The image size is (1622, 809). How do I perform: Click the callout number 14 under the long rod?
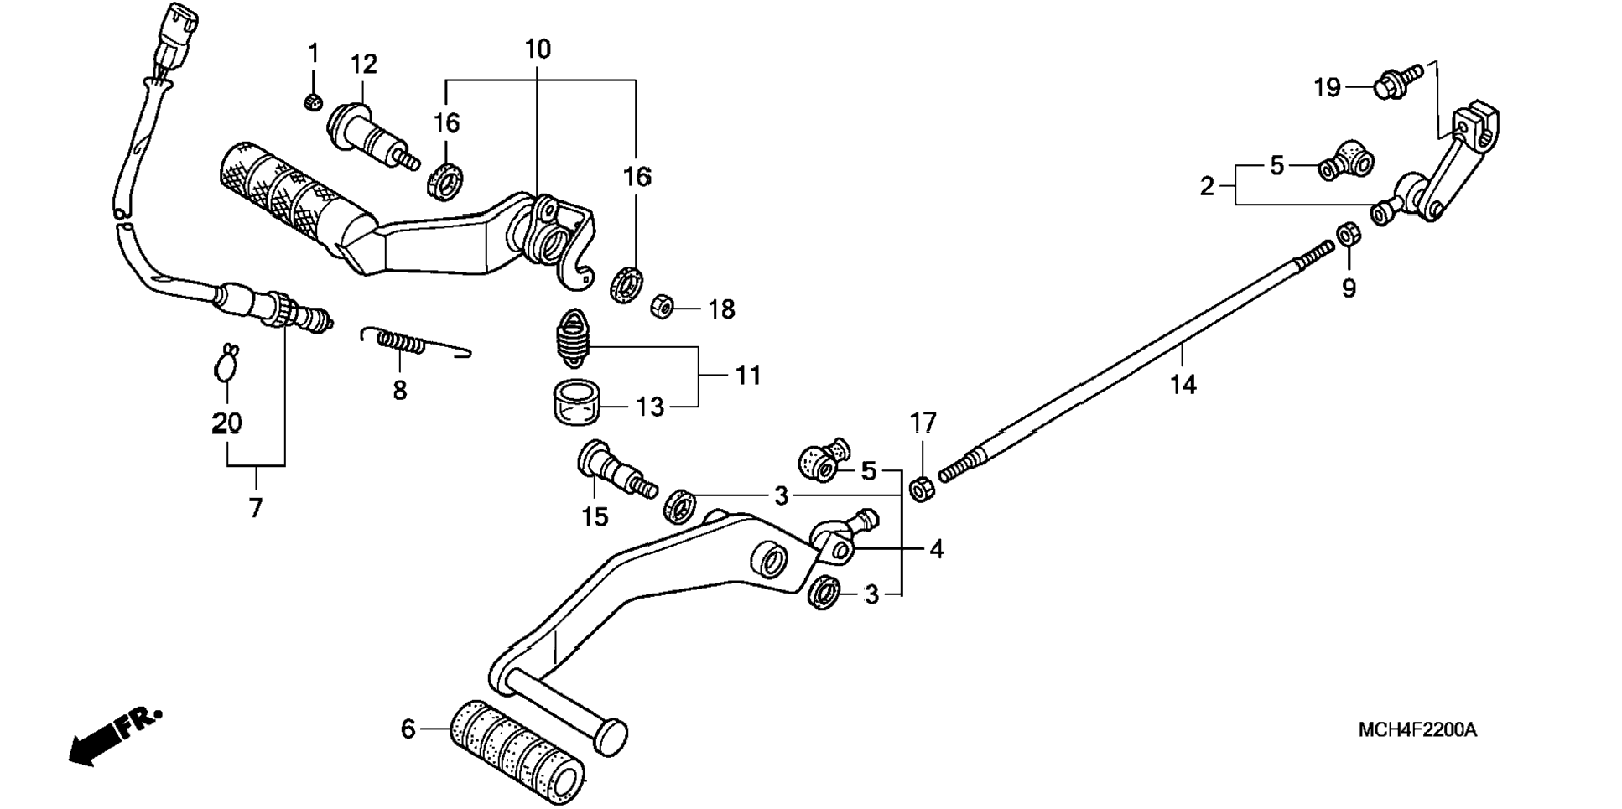(x=1183, y=385)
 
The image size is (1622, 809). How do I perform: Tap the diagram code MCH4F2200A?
(x=1417, y=729)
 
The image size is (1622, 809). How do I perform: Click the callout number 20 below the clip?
(x=226, y=423)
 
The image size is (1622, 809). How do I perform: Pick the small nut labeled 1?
(x=312, y=102)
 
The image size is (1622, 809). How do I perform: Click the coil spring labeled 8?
(x=415, y=341)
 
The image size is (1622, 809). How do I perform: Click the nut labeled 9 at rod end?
(x=1348, y=234)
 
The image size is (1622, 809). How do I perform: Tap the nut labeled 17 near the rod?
(x=922, y=488)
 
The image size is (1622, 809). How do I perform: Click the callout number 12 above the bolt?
(x=363, y=65)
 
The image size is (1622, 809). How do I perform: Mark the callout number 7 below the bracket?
(x=256, y=507)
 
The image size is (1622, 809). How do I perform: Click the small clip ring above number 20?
(x=226, y=363)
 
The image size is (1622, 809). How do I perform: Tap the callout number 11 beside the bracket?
(x=748, y=376)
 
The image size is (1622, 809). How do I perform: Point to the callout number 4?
(x=936, y=549)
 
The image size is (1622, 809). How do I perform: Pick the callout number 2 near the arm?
(x=1207, y=186)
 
